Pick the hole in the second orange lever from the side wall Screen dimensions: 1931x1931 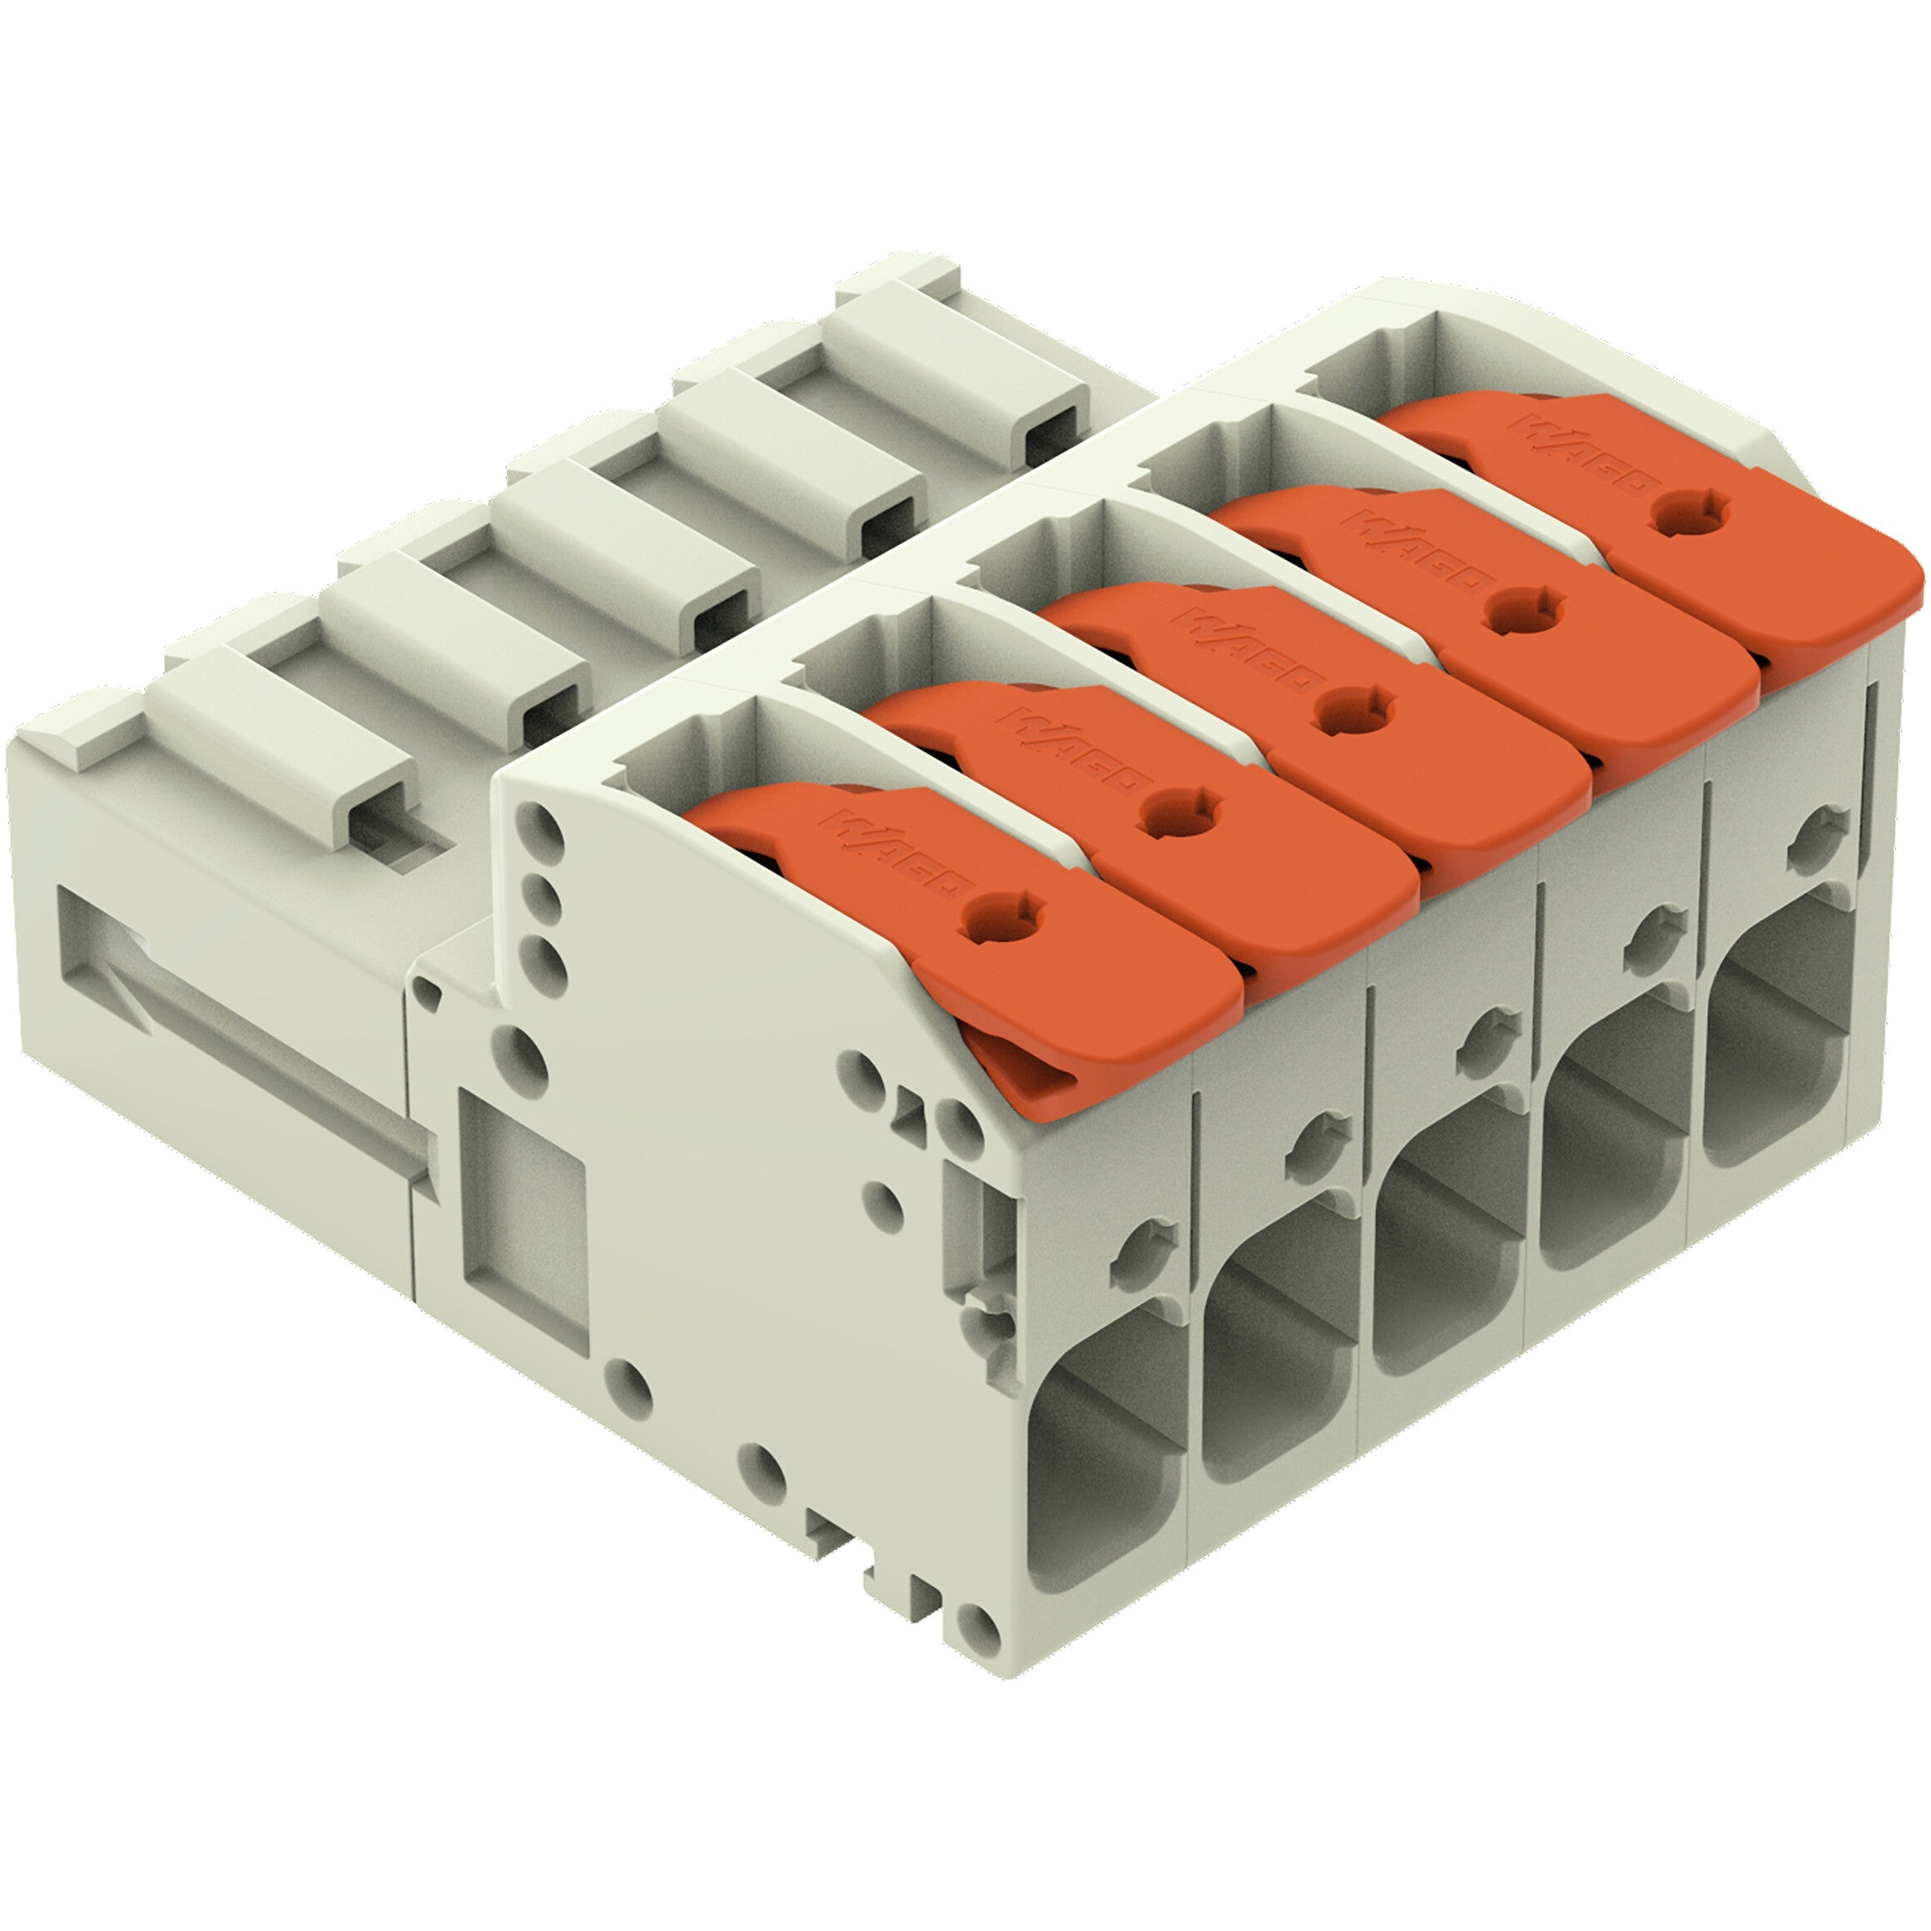(1184, 811)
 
